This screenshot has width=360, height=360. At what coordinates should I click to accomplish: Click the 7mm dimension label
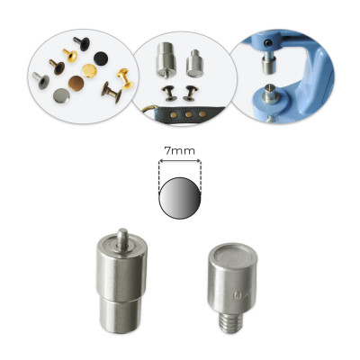tap(180, 151)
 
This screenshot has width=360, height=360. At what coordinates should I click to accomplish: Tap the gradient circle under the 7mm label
tap(180, 198)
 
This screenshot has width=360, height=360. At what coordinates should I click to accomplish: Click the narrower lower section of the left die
tap(120, 315)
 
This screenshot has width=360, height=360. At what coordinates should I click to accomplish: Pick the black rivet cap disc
tap(101, 58)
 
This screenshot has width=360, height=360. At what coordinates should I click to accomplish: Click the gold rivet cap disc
tap(89, 70)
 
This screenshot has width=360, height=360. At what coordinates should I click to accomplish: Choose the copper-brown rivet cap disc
tap(76, 83)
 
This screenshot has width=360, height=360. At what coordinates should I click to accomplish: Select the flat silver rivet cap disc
tap(61, 95)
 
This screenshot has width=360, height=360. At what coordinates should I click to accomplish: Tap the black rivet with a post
tap(82, 43)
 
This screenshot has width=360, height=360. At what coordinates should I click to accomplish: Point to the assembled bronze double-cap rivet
tap(112, 92)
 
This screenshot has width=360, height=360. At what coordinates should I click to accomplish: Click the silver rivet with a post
tap(41, 80)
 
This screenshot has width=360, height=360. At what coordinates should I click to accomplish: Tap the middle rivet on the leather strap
tap(189, 114)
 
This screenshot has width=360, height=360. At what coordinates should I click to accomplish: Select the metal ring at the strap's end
tap(149, 110)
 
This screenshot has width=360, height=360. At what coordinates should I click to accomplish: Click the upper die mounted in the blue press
tap(266, 62)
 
